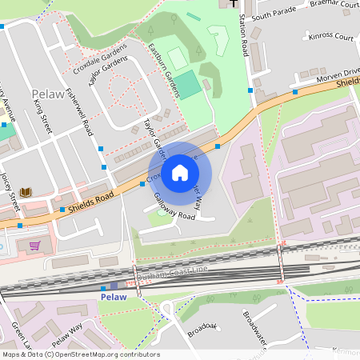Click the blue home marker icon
180,173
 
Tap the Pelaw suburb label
46,94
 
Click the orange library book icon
26,192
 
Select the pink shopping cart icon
34,246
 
